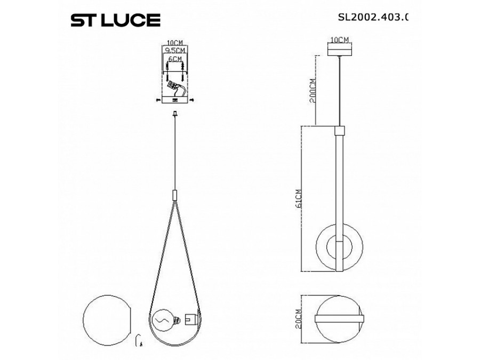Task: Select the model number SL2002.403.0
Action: click(x=373, y=17)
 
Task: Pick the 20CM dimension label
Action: click(x=299, y=318)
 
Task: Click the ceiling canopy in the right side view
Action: click(x=339, y=50)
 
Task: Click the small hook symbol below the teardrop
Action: click(x=140, y=340)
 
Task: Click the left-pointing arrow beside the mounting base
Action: click(x=157, y=99)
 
